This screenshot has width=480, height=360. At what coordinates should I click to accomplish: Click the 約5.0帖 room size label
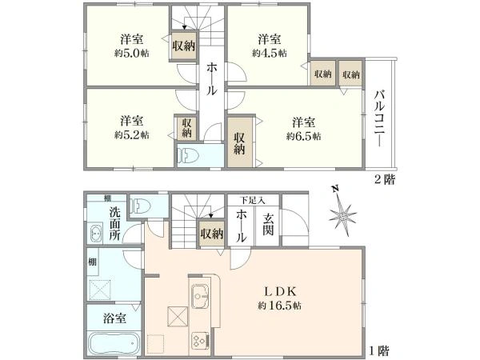click(132, 54)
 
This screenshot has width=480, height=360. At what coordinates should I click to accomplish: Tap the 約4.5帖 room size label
click(270, 54)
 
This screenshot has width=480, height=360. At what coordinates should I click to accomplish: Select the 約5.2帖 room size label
click(132, 135)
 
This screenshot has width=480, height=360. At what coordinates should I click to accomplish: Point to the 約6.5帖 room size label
click(304, 136)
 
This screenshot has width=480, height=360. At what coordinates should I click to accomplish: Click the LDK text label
click(280, 292)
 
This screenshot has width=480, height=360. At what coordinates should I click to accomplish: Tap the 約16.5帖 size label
click(279, 306)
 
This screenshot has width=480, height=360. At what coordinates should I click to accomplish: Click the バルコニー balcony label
click(379, 118)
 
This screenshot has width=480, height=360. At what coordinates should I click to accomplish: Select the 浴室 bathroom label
click(114, 318)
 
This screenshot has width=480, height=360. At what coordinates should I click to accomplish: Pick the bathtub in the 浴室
click(114, 343)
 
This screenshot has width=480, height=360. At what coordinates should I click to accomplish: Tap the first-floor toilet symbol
click(141, 206)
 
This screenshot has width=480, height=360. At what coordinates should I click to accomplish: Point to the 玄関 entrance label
click(268, 225)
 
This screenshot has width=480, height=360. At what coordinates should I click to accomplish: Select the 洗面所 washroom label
click(115, 224)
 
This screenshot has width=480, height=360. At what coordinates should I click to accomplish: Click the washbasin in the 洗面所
click(96, 234)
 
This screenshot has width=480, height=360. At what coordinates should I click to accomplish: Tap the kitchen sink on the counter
click(200, 296)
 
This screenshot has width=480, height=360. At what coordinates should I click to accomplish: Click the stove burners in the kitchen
click(201, 341)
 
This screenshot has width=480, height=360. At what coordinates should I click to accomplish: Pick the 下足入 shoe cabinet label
click(252, 201)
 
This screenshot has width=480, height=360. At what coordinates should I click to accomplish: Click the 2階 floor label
click(385, 179)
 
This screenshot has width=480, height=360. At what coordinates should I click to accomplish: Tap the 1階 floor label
click(379, 350)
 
